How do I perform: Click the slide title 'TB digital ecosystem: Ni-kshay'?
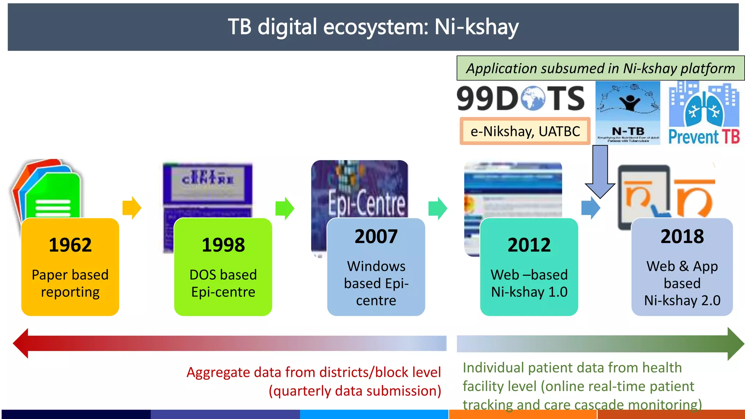373,27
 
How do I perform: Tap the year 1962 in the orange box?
70,245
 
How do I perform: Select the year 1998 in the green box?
223,245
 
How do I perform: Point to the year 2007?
376,236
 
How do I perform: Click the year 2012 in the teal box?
529,245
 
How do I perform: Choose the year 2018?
682,236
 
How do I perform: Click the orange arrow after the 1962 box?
132,208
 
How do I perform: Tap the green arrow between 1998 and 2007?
285,208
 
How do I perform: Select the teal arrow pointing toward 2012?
438,208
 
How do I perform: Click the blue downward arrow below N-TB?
600,171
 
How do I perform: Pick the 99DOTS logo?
521,99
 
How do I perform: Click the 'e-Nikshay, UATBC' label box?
525,131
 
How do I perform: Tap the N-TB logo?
628,113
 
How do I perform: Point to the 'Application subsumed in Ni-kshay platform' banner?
601,68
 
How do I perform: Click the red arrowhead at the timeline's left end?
21,343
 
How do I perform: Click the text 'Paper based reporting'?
70,283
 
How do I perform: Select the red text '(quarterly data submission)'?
355,391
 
